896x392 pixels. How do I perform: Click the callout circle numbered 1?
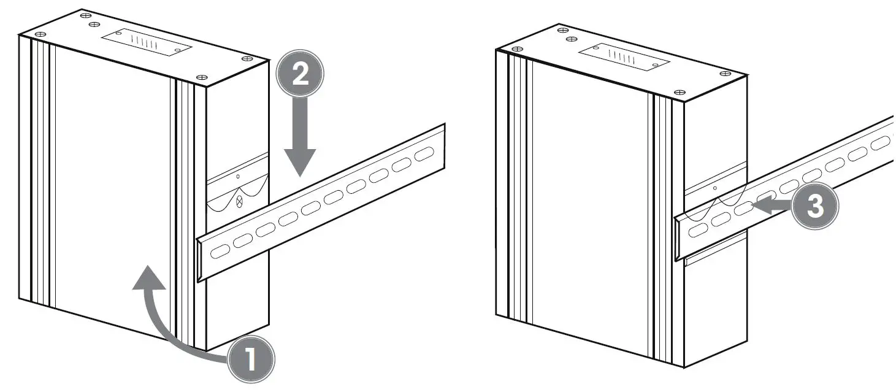251,359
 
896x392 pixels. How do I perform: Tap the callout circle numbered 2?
300,73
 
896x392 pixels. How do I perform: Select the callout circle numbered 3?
815,206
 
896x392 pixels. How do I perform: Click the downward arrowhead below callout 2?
300,163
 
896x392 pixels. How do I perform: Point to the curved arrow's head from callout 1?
149,277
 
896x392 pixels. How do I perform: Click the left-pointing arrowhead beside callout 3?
761,205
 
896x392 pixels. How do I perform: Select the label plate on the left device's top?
147,42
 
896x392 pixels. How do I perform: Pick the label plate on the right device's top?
624,56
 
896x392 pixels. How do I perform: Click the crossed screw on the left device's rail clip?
239,201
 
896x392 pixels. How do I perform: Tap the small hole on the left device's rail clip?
238,176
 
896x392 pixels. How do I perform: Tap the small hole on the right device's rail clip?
715,188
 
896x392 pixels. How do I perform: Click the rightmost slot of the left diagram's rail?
424,154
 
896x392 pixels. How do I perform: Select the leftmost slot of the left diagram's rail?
220,251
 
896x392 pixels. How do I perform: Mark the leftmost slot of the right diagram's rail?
698,230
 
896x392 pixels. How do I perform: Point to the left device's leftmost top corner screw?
40,34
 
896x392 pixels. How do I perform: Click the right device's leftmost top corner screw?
517,49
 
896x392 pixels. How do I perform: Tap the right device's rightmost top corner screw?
725,74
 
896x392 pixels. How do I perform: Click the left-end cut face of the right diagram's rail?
677,239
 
